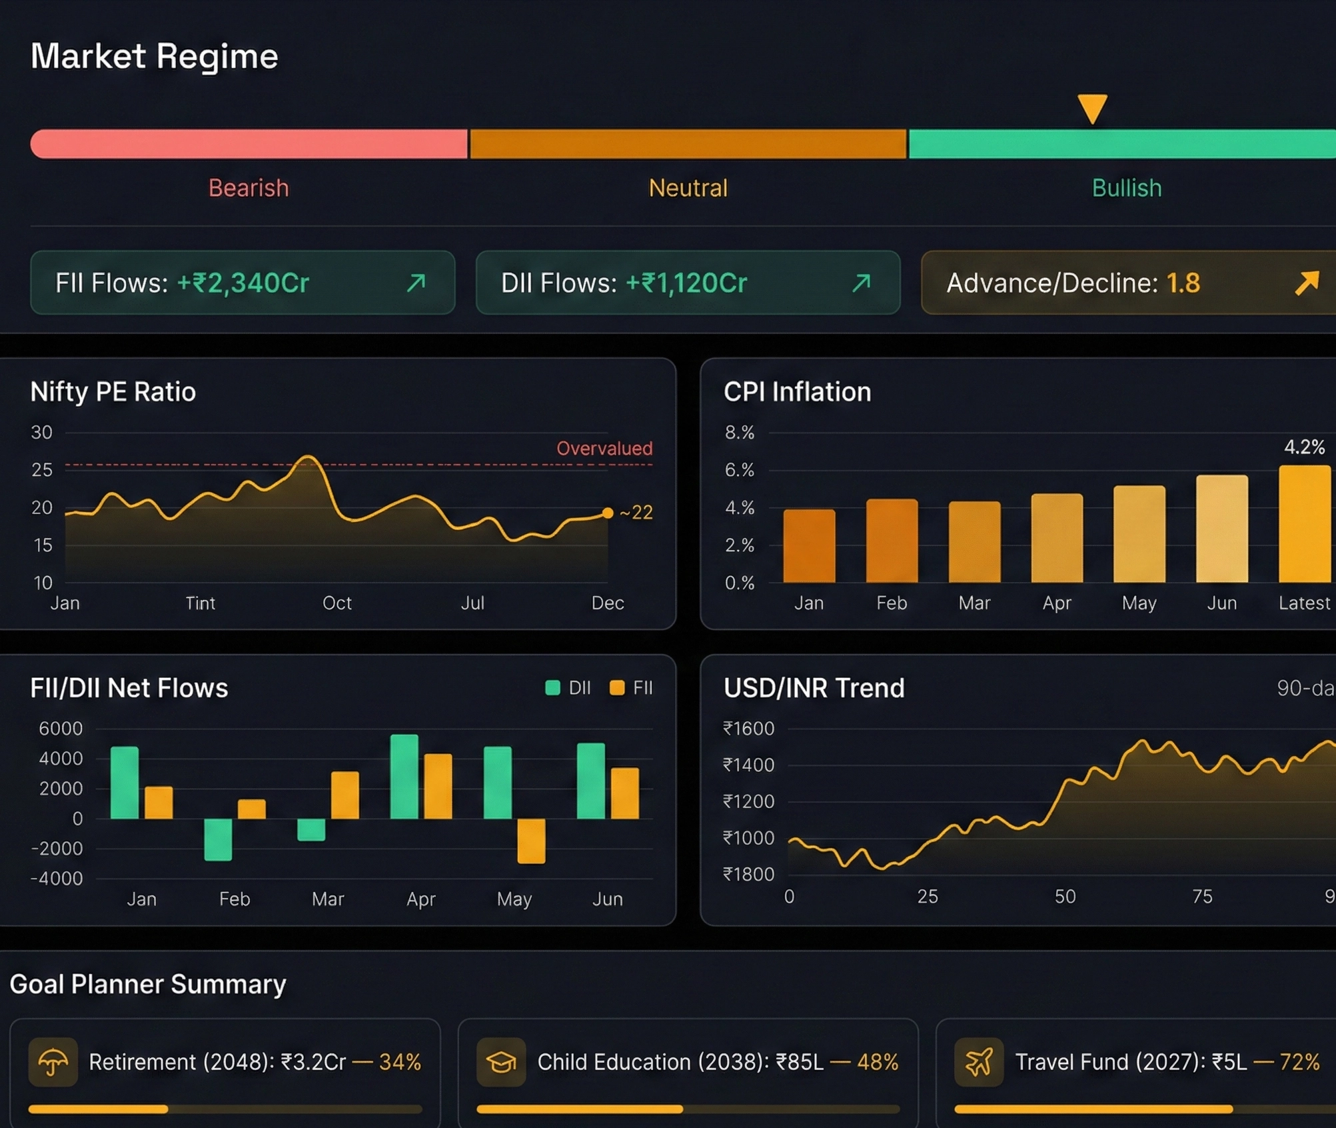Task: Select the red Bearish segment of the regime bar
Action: pyautogui.click(x=249, y=144)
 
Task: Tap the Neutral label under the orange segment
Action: pyautogui.click(x=688, y=188)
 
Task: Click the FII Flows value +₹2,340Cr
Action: pyautogui.click(x=243, y=283)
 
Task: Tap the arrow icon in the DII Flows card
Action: pyautogui.click(x=861, y=283)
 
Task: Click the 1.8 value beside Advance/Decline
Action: pyautogui.click(x=1183, y=283)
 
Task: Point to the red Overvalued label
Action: pyautogui.click(x=604, y=448)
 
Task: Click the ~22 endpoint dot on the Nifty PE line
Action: pyautogui.click(x=607, y=513)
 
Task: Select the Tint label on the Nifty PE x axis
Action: pyautogui.click(x=200, y=603)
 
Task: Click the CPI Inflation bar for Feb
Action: pyautogui.click(x=891, y=541)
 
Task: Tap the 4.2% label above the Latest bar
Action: pyautogui.click(x=1304, y=447)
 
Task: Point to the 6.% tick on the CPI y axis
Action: pyautogui.click(x=739, y=470)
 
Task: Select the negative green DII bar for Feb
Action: pyautogui.click(x=218, y=839)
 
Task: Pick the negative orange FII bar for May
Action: pyautogui.click(x=531, y=841)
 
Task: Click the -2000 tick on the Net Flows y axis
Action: pyautogui.click(x=57, y=848)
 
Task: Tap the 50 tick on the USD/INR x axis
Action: pyautogui.click(x=1065, y=896)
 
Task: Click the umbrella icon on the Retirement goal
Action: pyautogui.click(x=53, y=1061)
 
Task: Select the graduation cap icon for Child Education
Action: pyautogui.click(x=501, y=1061)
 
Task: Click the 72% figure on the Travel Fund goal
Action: pyautogui.click(x=1299, y=1061)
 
